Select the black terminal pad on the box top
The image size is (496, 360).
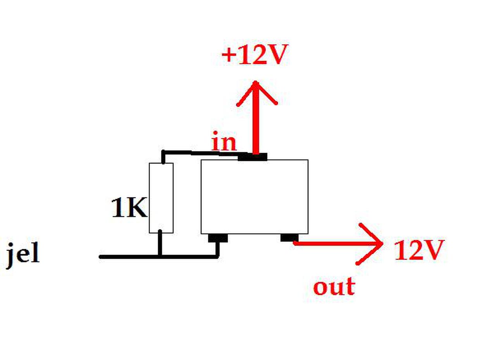click(253, 157)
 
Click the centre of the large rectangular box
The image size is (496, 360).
click(255, 197)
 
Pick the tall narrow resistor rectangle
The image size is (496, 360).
click(161, 198)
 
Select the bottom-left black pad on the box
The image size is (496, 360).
click(217, 238)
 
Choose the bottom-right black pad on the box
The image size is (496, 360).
click(289, 238)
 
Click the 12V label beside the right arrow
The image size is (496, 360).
click(418, 250)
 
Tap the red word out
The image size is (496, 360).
click(334, 287)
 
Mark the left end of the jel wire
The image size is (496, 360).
click(101, 257)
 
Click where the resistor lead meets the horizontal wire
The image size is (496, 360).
click(160, 257)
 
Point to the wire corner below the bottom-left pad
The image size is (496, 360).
click(217, 256)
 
